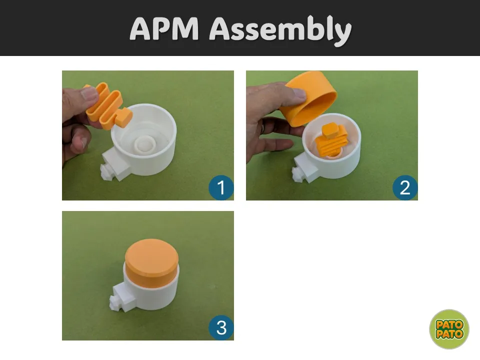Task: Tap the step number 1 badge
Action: (x=221, y=187)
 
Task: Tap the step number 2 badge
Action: (x=405, y=187)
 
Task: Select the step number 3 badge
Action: (x=221, y=328)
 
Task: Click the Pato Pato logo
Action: (x=449, y=329)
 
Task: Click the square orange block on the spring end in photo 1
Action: (x=123, y=117)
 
